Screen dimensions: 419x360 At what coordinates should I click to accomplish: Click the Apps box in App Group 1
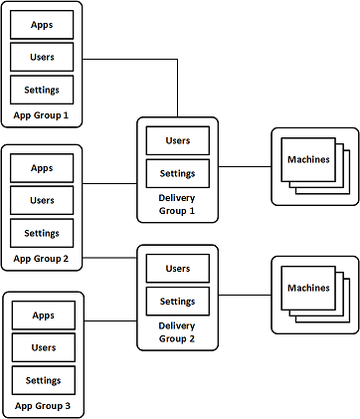point(42,24)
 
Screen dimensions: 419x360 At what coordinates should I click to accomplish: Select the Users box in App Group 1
point(42,56)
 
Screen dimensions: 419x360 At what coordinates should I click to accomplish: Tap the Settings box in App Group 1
point(42,90)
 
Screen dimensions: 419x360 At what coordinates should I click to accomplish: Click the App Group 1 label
point(42,114)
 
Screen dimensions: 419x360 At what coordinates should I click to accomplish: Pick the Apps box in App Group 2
point(42,168)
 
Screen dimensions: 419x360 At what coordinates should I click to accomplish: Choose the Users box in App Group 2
point(42,200)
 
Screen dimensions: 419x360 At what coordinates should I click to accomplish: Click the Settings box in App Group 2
point(42,234)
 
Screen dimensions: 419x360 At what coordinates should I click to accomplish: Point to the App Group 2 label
point(42,259)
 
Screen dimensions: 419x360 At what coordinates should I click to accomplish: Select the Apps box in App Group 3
point(42,315)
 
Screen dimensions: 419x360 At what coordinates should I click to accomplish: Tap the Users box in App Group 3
point(42,347)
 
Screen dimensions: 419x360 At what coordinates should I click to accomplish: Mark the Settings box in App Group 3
point(42,380)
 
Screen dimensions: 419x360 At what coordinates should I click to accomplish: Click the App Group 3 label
point(42,406)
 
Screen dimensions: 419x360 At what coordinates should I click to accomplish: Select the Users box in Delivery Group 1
point(178,140)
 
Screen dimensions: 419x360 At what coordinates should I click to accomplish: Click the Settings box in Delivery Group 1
point(178,173)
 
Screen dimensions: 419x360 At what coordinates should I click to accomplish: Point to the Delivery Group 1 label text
point(178,204)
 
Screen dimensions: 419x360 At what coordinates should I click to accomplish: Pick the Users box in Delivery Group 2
point(178,268)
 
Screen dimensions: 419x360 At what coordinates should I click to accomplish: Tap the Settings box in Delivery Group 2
point(178,301)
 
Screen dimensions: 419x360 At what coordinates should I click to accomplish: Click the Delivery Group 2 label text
point(178,331)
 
